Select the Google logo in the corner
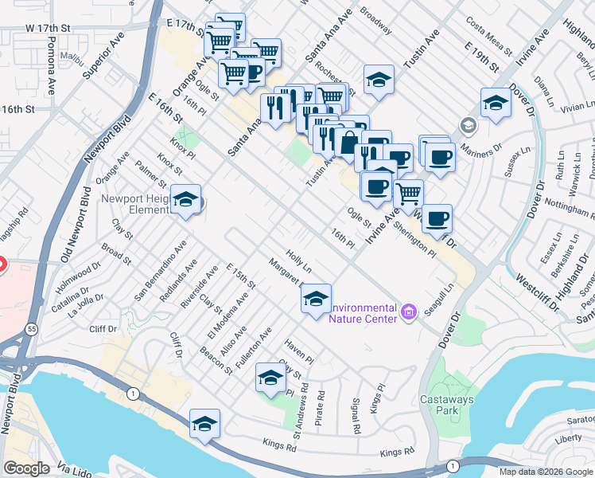(27, 468)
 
